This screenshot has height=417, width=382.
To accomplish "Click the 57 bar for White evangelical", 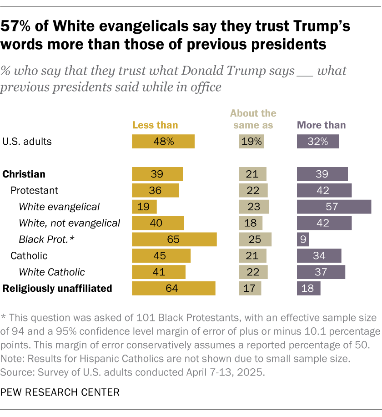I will point(334,207).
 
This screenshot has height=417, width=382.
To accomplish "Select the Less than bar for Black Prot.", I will point(174,239).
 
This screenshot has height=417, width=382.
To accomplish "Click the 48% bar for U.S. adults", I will point(163,141).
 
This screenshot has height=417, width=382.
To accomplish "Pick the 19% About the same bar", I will point(251,141).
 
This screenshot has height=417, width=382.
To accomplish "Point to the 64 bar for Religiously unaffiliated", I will point(173,288).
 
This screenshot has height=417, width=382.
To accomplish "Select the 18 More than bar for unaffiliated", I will point(308,288).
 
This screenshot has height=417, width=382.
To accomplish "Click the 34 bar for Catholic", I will point(319,255).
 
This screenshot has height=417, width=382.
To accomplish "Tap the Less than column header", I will point(155,125).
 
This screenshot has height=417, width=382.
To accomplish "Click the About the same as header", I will point(253,119).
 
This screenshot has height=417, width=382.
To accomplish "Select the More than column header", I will point(321,125).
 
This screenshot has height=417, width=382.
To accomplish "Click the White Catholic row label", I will point(52,272).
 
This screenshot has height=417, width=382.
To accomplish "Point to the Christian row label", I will point(24,174).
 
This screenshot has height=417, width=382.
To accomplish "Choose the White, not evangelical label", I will point(70,223).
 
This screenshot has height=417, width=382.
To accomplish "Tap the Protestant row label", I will point(35,190).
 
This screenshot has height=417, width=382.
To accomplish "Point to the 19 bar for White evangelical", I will point(144,207).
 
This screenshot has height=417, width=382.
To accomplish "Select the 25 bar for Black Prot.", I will point(255,239).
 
